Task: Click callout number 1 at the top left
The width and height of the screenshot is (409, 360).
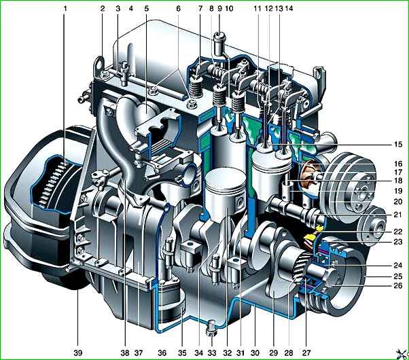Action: [x=65, y=9]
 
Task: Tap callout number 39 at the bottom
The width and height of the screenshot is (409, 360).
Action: [x=78, y=353]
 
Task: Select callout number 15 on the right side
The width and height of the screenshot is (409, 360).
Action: [x=398, y=144]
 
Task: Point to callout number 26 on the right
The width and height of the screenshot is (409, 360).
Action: [x=398, y=286]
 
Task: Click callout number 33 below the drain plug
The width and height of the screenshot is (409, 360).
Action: [x=212, y=353]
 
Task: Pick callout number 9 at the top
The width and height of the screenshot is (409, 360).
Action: [x=219, y=9]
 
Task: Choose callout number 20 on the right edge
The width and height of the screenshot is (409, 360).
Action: [x=398, y=202]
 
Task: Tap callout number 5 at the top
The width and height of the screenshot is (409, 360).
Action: [x=147, y=9]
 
